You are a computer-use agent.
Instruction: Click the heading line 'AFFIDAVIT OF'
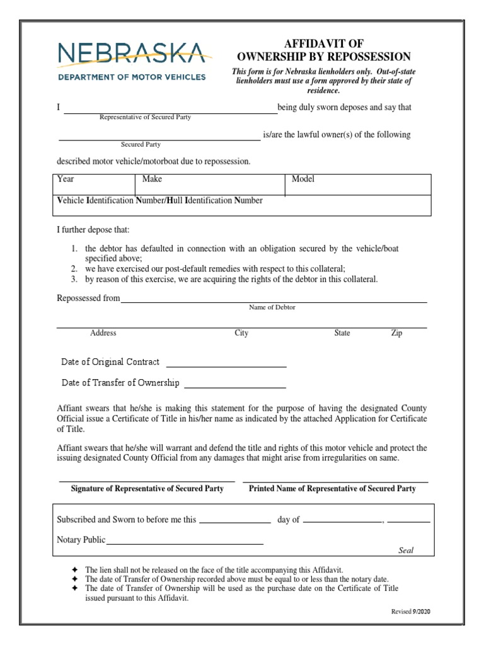[324, 43]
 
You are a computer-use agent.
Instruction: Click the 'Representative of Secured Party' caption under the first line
[145, 117]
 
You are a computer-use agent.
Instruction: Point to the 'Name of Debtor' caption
[272, 307]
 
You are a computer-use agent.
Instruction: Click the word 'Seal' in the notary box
[406, 551]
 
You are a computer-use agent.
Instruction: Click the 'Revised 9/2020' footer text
[410, 612]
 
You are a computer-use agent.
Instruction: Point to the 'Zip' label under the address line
[396, 333]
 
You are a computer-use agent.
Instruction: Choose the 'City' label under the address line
[241, 333]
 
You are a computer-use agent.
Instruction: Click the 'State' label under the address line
[342, 333]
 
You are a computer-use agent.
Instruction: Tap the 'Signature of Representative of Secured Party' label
[147, 489]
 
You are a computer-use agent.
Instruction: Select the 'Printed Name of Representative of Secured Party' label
[332, 489]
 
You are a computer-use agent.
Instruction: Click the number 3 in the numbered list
[74, 280]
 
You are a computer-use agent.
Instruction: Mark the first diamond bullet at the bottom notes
[74, 569]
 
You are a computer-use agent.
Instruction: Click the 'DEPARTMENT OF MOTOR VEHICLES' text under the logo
[131, 77]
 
